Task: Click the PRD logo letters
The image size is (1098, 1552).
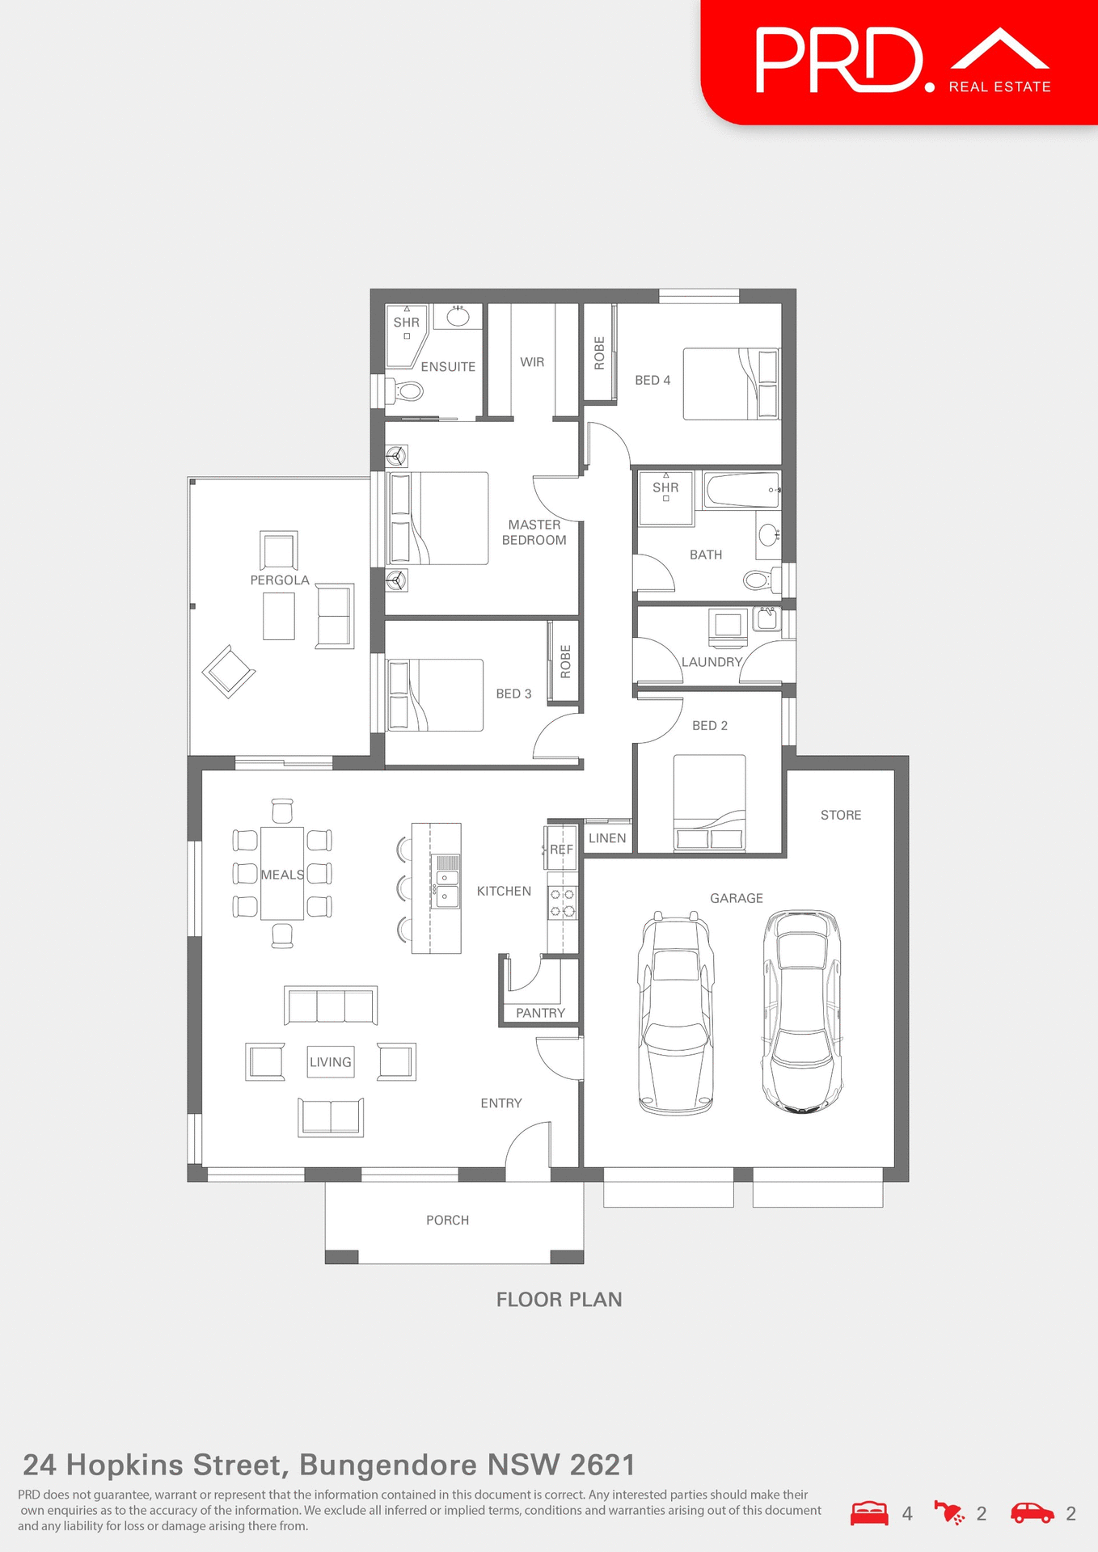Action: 839,61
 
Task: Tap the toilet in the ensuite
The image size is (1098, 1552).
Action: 408,392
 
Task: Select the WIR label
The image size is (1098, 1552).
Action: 532,362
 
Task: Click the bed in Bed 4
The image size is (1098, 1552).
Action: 730,384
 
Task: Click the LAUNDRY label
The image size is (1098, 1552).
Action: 712,662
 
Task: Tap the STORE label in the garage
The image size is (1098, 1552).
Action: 841,815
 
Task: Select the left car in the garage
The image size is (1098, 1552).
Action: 676,1014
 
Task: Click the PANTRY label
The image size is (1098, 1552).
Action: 540,1013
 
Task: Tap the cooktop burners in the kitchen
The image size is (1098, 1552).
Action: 563,903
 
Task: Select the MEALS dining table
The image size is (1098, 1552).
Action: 282,874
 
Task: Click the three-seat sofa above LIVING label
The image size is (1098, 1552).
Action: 331,1006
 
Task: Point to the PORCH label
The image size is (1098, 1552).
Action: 447,1220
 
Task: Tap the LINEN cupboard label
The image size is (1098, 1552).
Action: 607,838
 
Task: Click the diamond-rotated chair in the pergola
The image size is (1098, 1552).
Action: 229,672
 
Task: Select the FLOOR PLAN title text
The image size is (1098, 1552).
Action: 559,1300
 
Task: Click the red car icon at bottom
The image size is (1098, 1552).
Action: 1032,1513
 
